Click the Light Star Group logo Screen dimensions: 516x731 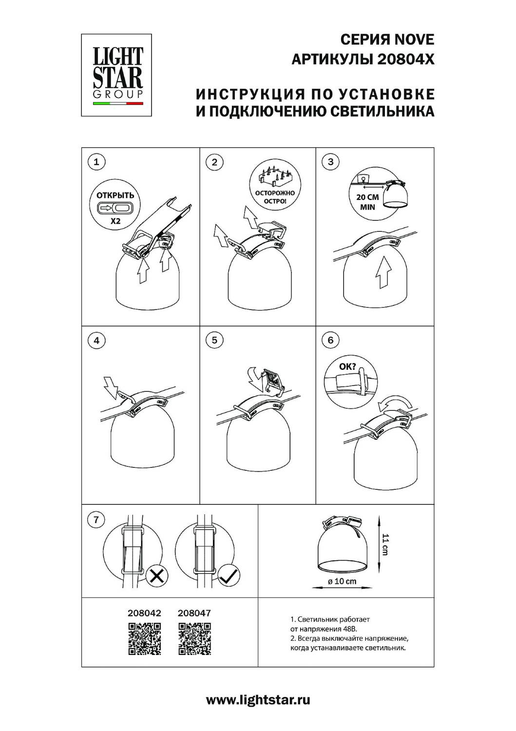116,75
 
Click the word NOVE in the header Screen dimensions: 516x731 415,40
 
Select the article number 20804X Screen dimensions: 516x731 406,60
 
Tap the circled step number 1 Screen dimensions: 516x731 96,161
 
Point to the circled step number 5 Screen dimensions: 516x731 214,340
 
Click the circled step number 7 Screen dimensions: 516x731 96,519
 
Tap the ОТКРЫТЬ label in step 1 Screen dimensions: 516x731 115,195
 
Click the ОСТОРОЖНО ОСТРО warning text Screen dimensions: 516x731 275,197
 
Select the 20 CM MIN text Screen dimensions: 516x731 367,202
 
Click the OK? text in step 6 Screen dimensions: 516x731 347,367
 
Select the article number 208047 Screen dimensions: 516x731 194,613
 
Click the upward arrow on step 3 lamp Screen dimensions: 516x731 383,272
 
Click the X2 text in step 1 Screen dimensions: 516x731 115,221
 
